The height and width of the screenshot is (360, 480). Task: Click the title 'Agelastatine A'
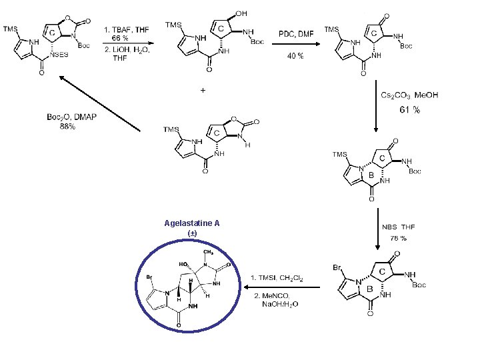tap(192, 223)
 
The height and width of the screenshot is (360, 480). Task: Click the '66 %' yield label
tap(120, 38)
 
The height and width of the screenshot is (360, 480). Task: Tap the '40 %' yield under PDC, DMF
tap(295, 56)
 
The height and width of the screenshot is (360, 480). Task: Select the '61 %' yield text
tap(409, 110)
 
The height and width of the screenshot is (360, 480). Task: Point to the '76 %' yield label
tap(399, 238)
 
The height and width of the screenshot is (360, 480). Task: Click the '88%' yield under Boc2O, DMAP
tap(67, 126)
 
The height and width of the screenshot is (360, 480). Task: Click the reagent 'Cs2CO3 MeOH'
tap(409, 95)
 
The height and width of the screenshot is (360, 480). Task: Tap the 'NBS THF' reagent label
tap(399, 227)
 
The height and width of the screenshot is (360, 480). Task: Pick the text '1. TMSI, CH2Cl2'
tap(277, 277)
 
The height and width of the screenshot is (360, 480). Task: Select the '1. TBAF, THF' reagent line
tap(126, 29)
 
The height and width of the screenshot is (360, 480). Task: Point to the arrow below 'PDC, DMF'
tap(295, 45)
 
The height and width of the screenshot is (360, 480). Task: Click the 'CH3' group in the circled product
tap(207, 252)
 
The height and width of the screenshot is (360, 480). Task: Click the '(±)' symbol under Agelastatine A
tap(192, 233)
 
